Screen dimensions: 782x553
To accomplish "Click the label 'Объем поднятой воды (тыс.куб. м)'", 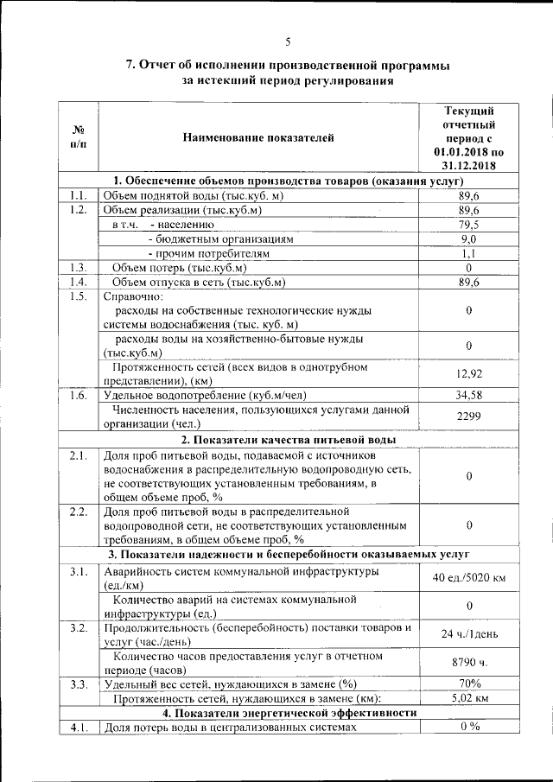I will pos(194,196).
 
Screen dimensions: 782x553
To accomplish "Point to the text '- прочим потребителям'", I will pos(209,254).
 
